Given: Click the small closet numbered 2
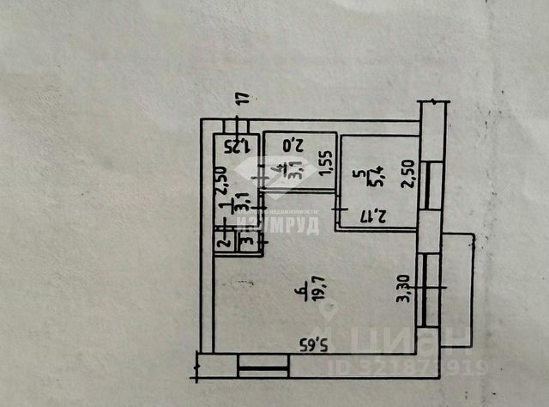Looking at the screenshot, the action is click(221, 243).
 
